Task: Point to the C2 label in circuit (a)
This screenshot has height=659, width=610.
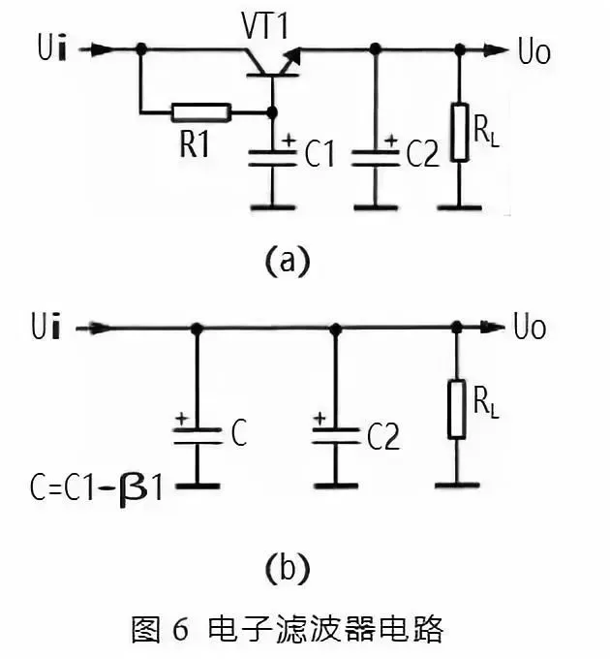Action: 423,154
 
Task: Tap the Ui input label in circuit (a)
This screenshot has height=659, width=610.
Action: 43,47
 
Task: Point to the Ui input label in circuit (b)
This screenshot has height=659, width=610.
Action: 43,329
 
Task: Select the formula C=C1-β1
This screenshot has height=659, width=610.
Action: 97,482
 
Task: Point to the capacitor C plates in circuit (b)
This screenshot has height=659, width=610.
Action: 197,437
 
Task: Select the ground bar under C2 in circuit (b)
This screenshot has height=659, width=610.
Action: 336,481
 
